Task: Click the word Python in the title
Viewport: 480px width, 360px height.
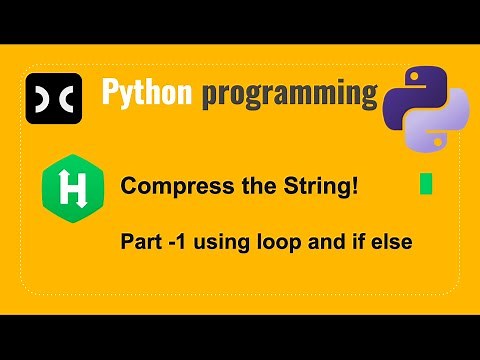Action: [147, 93]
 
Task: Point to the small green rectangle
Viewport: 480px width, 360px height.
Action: [426, 185]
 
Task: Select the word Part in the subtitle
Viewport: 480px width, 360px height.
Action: [138, 241]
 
